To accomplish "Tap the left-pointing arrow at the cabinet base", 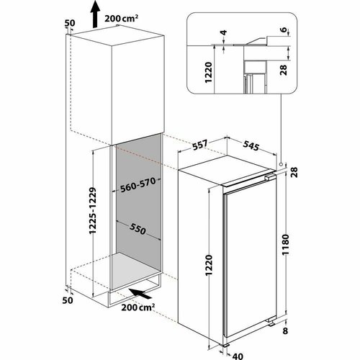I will tap(140, 294).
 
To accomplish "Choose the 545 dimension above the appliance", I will tap(251, 145).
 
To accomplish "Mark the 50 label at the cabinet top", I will tap(69, 24).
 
